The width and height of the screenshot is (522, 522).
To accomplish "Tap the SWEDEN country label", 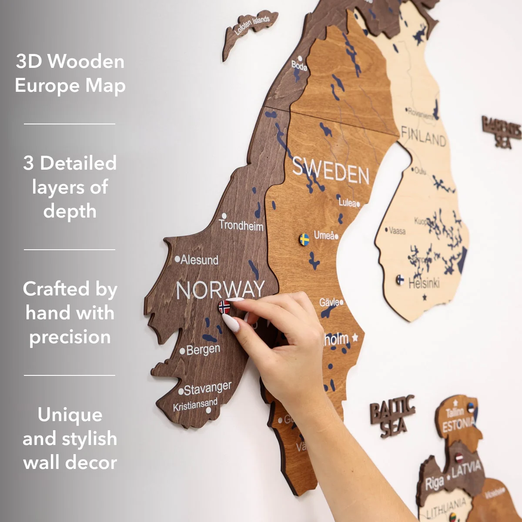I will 330,170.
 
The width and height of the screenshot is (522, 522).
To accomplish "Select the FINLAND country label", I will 423,137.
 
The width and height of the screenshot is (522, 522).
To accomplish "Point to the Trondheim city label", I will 241,225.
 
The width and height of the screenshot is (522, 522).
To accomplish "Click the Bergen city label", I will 203,349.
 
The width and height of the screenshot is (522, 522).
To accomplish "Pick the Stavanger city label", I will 207,388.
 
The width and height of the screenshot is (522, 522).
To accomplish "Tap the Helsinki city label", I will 424,283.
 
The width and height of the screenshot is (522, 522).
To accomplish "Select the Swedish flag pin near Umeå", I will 304,239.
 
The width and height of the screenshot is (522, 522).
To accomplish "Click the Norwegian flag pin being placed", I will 224,307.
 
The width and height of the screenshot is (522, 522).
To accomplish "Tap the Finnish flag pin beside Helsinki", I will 400,280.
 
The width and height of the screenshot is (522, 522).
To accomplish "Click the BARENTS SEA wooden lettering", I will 501,132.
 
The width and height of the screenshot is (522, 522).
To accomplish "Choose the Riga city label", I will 434,482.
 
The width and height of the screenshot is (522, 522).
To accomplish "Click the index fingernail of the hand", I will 231,323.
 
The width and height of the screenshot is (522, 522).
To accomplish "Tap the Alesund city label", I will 199,260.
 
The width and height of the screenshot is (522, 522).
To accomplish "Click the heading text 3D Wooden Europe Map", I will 70,73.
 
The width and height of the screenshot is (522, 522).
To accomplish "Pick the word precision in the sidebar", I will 70,337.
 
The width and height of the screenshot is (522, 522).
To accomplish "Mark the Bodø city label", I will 299,66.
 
